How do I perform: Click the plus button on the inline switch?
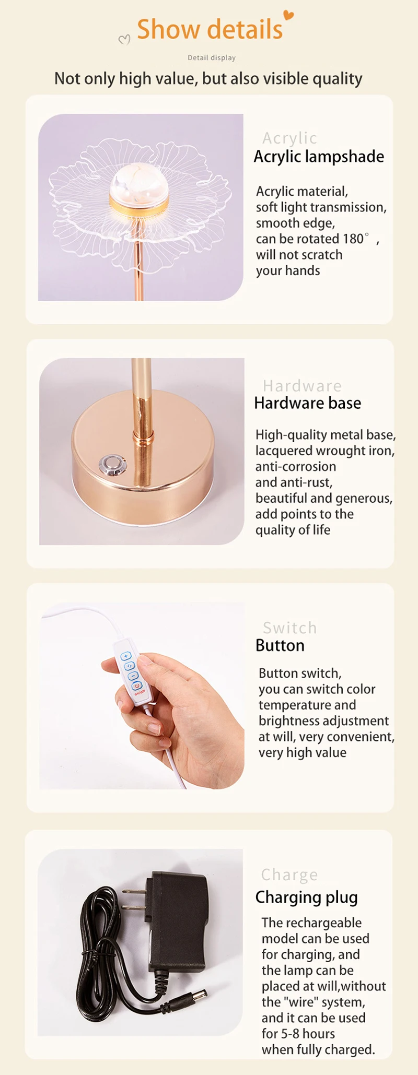(126, 656)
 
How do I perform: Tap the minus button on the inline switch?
(133, 676)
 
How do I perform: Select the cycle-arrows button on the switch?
(129, 666)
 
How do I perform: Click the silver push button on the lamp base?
(111, 464)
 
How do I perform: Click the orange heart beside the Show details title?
(288, 15)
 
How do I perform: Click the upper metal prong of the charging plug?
(134, 892)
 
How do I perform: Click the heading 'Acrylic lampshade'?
(319, 157)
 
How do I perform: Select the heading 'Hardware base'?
(307, 403)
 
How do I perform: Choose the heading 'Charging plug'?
(307, 897)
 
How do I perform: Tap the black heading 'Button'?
(280, 645)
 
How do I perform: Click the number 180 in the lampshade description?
(353, 239)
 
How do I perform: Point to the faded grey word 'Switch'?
(290, 628)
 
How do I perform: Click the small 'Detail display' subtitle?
(212, 57)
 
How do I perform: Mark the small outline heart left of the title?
(124, 40)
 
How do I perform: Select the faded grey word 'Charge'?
(289, 875)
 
